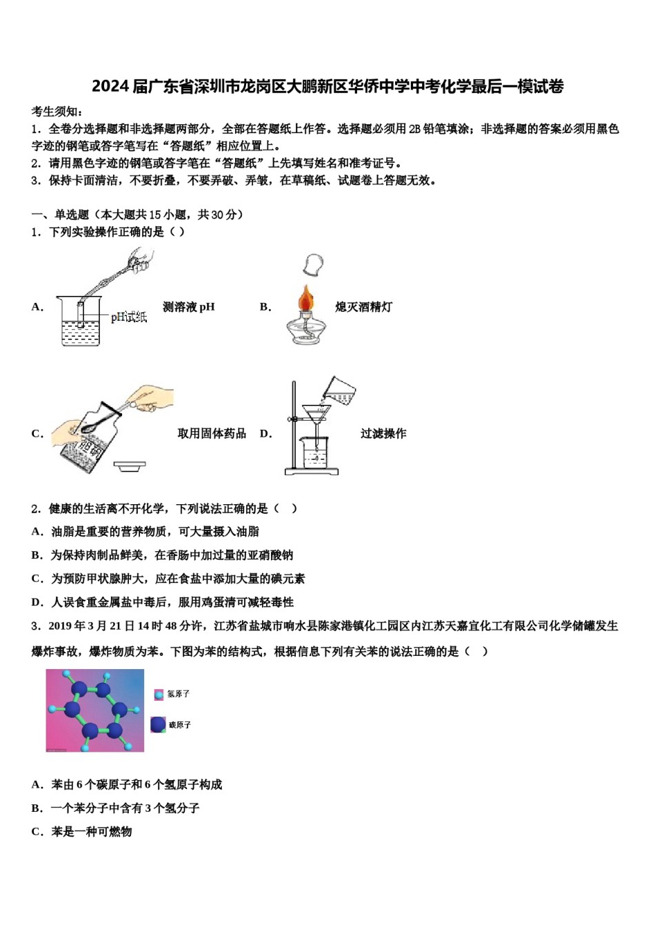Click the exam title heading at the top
tap(327, 86)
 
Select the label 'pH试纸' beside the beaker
tap(129, 317)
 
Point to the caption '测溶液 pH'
tap(188, 307)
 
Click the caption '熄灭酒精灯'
tap(363, 307)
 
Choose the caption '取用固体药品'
tap(212, 433)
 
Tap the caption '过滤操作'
tap(383, 433)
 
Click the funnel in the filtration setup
tap(316, 415)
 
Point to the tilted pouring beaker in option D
tap(339, 391)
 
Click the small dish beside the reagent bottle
tap(129, 466)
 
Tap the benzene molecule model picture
tap(94, 710)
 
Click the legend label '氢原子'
tap(179, 694)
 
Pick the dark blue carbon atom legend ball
tap(158, 724)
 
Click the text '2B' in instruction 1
tap(415, 129)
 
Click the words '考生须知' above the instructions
tap(55, 112)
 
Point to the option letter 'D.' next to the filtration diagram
tap(265, 433)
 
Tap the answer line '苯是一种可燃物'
tap(91, 832)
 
